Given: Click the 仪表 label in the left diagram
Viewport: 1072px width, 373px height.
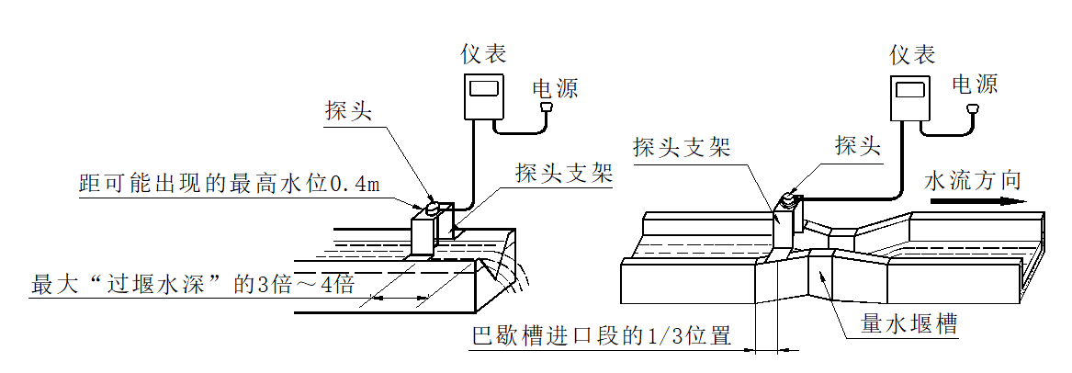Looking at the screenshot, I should (483, 54).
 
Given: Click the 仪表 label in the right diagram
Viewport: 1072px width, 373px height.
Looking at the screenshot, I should (913, 54).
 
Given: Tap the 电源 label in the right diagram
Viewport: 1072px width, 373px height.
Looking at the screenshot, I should (975, 85).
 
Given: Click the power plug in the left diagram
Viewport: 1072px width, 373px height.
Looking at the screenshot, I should (548, 108).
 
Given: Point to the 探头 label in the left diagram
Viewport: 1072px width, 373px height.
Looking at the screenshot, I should (347, 111).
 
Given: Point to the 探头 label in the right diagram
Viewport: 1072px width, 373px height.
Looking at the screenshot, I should (858, 144).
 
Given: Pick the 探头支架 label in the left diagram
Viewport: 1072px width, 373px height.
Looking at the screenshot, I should (563, 172).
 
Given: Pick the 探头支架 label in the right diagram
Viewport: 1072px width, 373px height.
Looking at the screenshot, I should (682, 146).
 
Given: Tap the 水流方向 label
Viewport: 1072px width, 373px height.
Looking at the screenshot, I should (972, 179).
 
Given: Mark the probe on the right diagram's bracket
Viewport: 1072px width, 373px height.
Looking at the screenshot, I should (787, 198).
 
